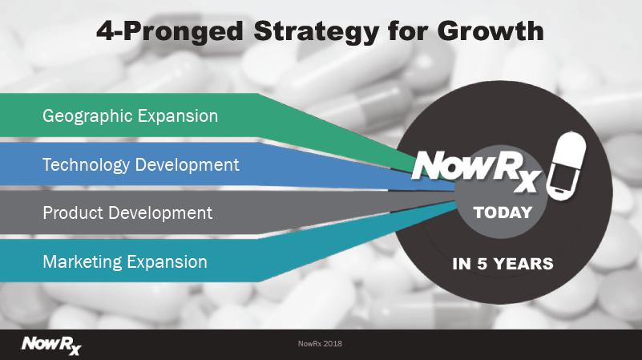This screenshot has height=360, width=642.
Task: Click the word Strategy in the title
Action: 316,32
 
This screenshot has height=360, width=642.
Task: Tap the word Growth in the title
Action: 491,30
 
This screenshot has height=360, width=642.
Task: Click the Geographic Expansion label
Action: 130,116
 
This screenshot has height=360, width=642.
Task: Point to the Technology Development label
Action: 141,165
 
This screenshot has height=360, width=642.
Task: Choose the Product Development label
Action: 127,213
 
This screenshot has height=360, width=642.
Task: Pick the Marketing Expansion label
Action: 125,262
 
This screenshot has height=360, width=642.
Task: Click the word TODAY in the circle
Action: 503,212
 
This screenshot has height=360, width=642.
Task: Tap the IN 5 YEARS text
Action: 503,264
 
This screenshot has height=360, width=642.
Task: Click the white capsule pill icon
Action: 566,165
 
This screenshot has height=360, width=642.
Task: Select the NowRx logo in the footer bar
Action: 51,346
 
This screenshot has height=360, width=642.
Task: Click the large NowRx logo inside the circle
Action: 476,170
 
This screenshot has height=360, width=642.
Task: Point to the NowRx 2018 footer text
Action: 320,344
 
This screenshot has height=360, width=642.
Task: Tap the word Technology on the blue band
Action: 86,165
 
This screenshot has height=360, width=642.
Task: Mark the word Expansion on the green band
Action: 178,117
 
